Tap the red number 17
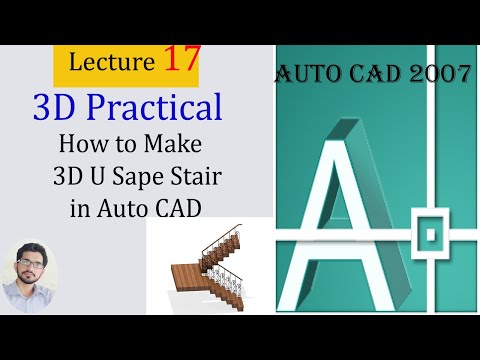[x=178, y=61]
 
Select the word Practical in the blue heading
[x=164, y=108]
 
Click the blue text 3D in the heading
[x=57, y=108]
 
